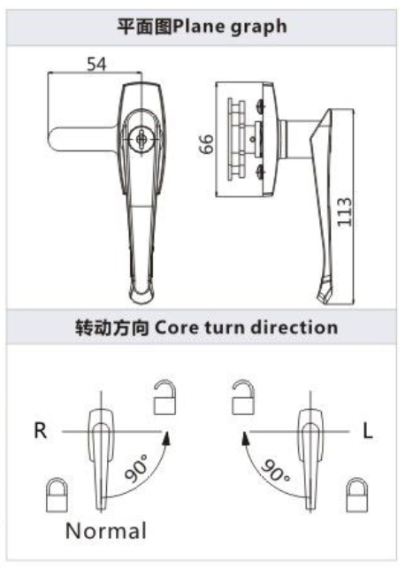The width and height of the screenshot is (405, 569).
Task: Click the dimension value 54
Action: [96, 65]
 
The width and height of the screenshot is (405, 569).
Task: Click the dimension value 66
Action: [207, 144]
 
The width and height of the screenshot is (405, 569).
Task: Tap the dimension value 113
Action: [344, 211]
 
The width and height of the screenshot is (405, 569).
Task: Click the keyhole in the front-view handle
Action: [141, 139]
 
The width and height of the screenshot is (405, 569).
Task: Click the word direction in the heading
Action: [294, 327]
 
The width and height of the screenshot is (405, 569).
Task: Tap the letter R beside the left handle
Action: [41, 431]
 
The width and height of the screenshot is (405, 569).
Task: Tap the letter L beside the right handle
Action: [368, 431]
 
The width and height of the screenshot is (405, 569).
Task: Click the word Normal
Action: [106, 531]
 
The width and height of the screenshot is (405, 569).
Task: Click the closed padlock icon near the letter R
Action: [57, 495]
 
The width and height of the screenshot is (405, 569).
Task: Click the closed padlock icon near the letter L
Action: [357, 495]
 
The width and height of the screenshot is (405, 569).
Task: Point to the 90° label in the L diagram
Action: [275, 470]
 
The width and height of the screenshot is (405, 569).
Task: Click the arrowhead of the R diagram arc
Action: [167, 438]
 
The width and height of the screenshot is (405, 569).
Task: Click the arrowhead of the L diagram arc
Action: [245, 438]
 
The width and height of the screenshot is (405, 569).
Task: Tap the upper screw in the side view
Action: [260, 106]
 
